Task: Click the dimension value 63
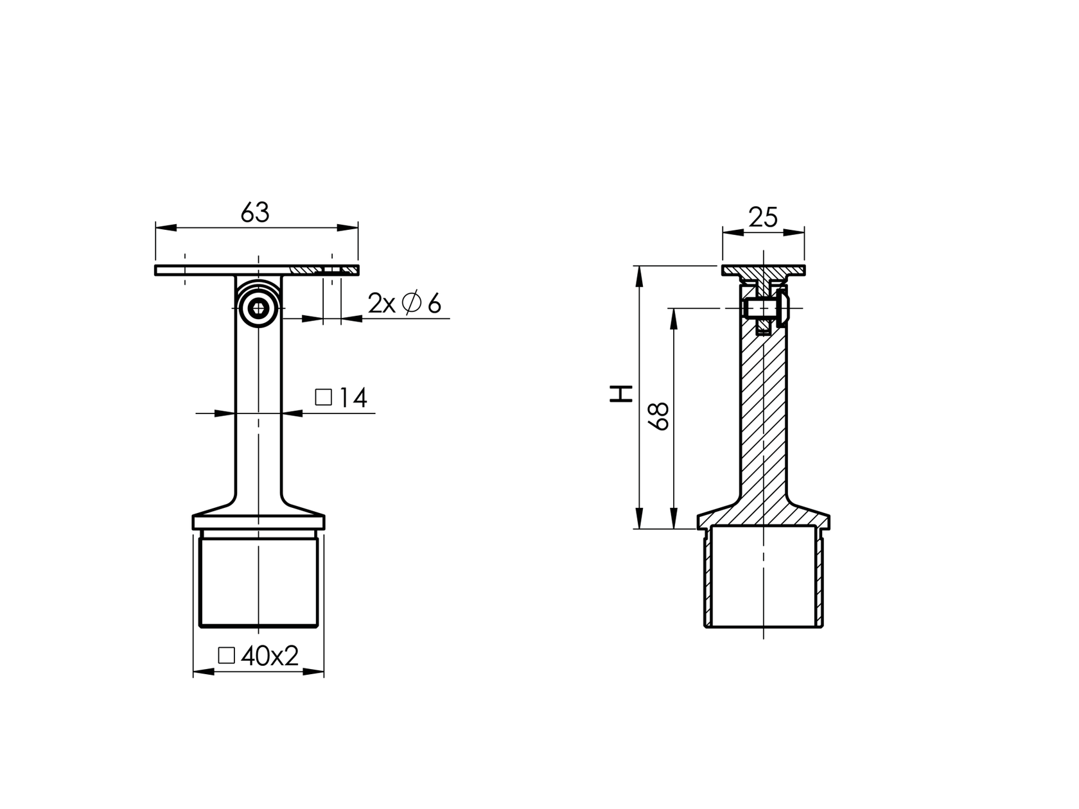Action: [x=255, y=213]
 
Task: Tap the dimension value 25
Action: [x=763, y=218]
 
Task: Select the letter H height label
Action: [x=620, y=394]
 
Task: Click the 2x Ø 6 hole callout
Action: [x=405, y=303]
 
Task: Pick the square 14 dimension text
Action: [x=342, y=398]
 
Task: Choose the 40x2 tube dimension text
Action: [x=259, y=656]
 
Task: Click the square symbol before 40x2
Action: [x=226, y=656]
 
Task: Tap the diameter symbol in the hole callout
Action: [x=410, y=302]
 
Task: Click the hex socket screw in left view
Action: [x=259, y=309]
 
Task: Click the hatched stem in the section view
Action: [x=763, y=417]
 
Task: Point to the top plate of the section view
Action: [x=763, y=270]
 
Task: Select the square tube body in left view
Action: [x=259, y=581]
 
